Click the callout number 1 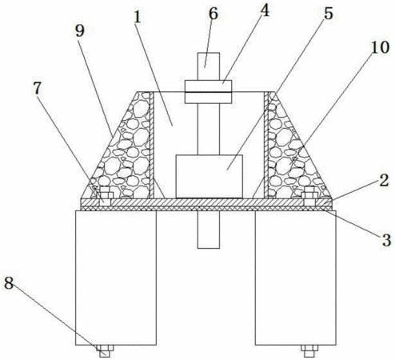[x=137, y=18]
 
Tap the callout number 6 [x=213, y=14]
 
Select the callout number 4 [x=265, y=11]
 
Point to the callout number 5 [x=329, y=14]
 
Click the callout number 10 [x=381, y=47]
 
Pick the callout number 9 [x=80, y=31]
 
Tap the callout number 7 [x=37, y=88]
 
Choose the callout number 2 [x=384, y=181]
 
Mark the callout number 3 [x=386, y=240]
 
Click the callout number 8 [x=9, y=283]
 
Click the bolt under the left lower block [x=105, y=351]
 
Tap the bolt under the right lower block [x=309, y=351]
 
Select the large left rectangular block [x=116, y=278]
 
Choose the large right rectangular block [x=296, y=278]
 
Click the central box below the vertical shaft [x=209, y=176]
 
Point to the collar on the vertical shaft [x=208, y=92]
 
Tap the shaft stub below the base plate [x=209, y=230]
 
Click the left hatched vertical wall [x=152, y=145]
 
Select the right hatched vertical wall [x=266, y=145]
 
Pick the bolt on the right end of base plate [x=309, y=196]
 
